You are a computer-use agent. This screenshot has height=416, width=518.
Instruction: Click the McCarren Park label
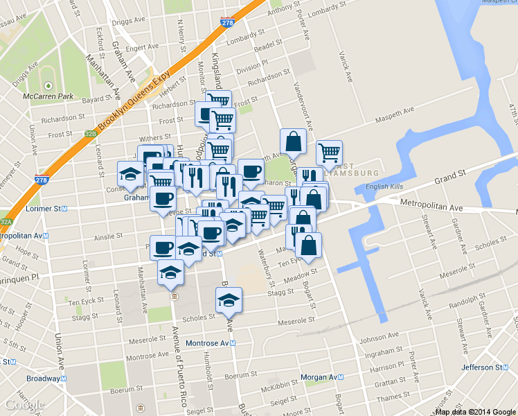(48, 96)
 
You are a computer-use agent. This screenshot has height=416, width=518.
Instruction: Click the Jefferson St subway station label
(487, 367)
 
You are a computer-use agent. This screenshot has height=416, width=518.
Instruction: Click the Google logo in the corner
(24, 405)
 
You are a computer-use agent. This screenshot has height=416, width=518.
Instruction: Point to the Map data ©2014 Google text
(475, 412)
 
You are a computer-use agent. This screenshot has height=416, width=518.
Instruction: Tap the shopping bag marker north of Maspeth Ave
(294, 141)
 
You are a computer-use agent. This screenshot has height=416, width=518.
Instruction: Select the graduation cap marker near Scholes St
(229, 300)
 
